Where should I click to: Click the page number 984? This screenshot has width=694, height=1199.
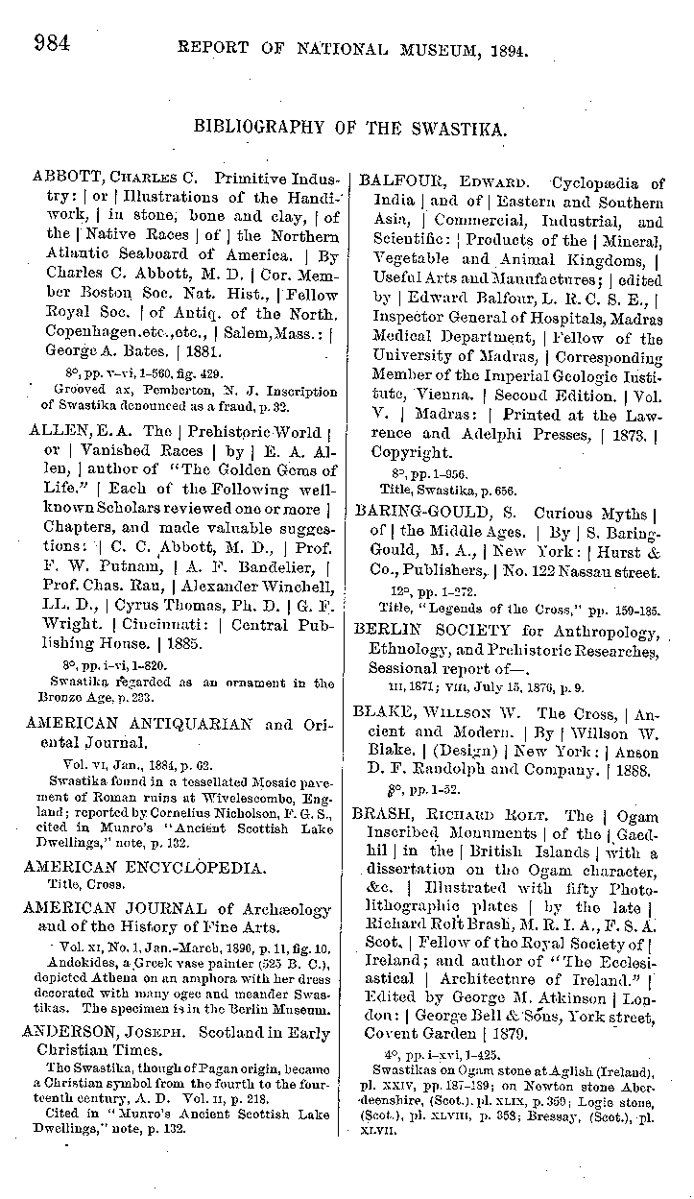[x=54, y=43]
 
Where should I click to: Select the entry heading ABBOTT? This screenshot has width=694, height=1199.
[x=65, y=179]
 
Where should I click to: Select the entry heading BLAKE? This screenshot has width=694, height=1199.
[x=384, y=713]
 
